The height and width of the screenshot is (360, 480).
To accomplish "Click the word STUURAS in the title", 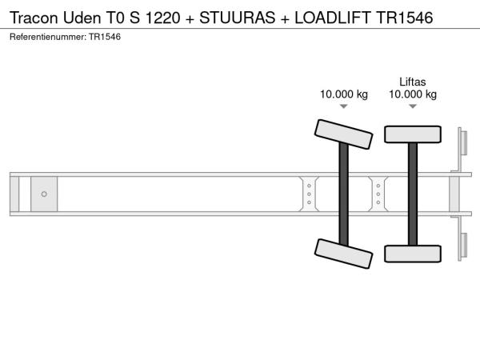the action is [x=238, y=18].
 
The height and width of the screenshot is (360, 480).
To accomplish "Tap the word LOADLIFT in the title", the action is [x=333, y=18].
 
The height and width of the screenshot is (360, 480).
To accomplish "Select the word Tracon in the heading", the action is [x=34, y=18].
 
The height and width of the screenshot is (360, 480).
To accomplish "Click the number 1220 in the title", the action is [x=162, y=18].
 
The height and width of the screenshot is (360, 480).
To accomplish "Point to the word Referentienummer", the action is [x=48, y=37].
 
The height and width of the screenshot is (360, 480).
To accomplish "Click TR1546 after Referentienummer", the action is [x=105, y=37].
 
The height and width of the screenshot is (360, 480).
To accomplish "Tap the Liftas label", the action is [x=412, y=82].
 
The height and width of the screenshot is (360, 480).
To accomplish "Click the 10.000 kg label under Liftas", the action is [x=413, y=94].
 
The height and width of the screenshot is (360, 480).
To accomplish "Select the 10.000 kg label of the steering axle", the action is [x=344, y=94].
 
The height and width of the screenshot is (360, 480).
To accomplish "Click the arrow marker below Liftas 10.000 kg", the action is [x=413, y=106].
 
